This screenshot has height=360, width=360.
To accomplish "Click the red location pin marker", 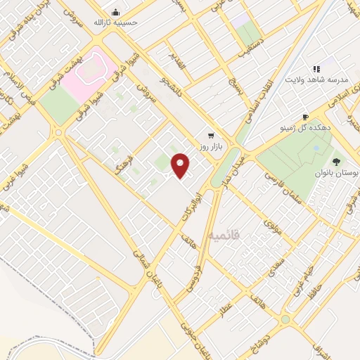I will pos(181,165).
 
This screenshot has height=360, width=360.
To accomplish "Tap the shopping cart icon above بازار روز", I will pos(210,135).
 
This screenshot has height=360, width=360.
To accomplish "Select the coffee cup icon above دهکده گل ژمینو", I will pos(304,117).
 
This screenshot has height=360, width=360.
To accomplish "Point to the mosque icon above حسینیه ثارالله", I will pos(117,12).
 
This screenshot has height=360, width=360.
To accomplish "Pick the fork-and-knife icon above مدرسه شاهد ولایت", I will pos(316,69).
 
